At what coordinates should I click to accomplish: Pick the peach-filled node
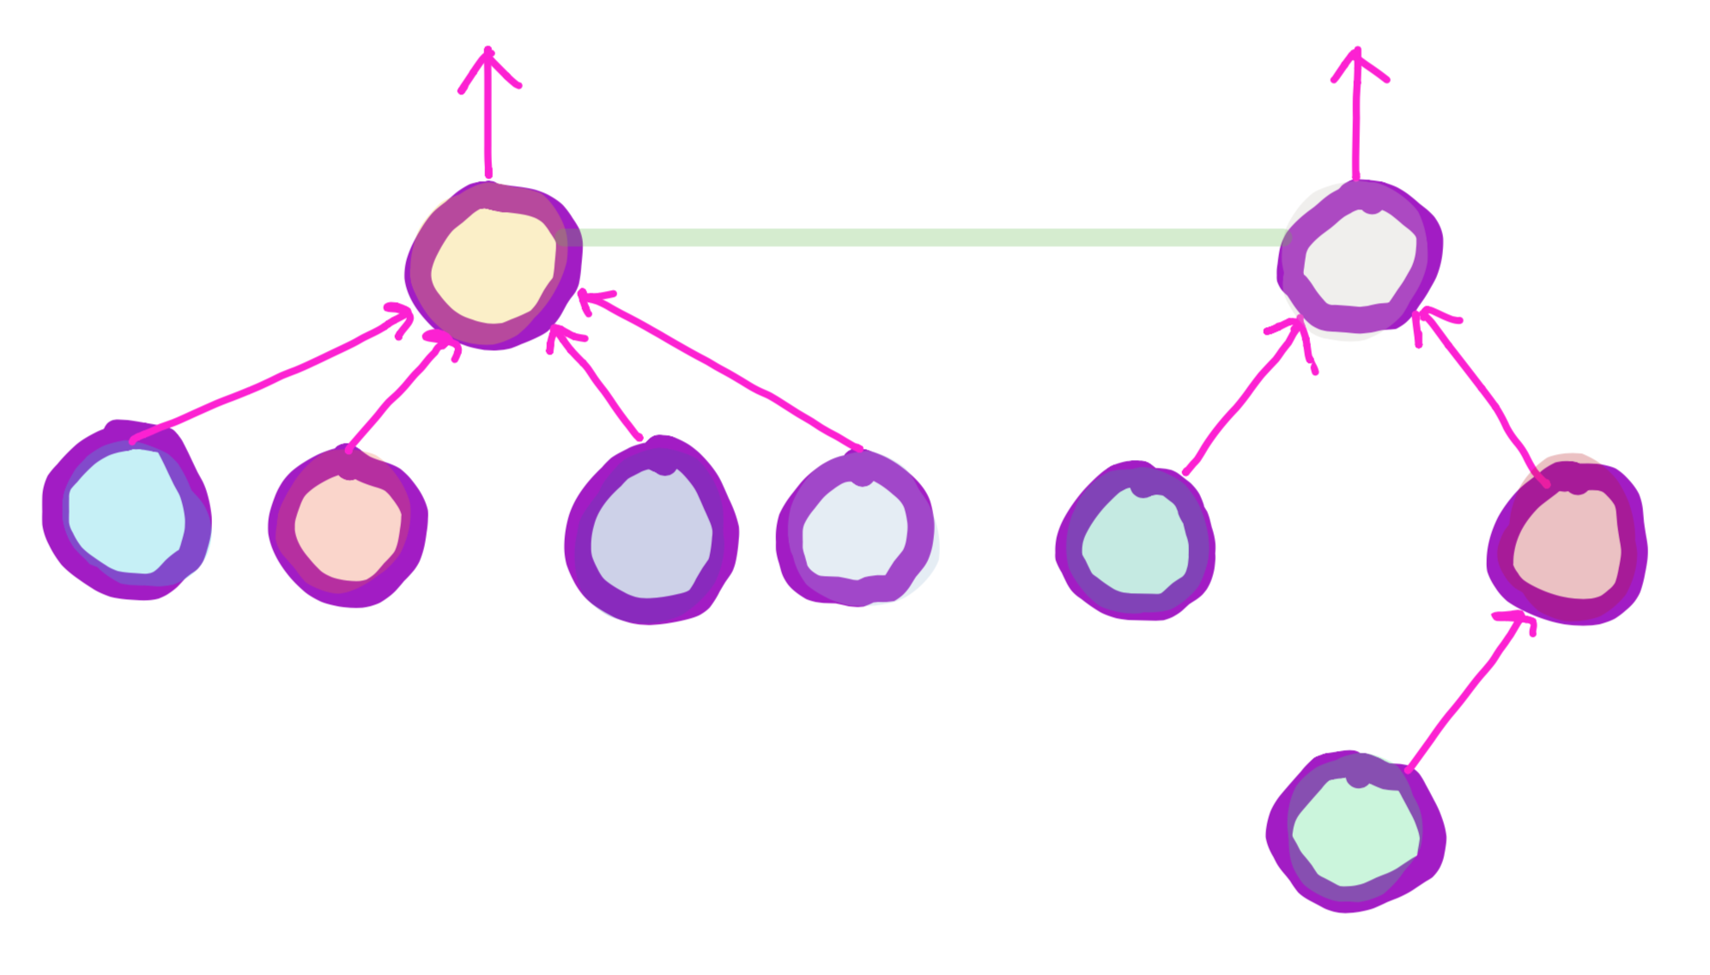[x=348, y=529]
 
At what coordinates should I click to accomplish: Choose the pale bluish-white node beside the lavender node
[x=855, y=531]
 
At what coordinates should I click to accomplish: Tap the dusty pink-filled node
[x=1567, y=544]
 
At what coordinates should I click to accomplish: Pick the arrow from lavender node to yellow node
[x=597, y=382]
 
